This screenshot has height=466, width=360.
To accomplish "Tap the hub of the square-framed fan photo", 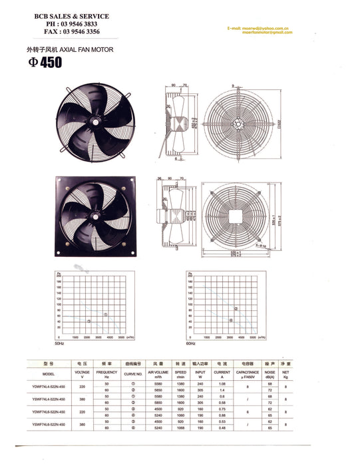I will coord(99,216).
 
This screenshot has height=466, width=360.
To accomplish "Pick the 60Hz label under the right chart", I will coord(191,343).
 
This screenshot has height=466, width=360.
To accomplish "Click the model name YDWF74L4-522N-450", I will coord(48,386).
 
